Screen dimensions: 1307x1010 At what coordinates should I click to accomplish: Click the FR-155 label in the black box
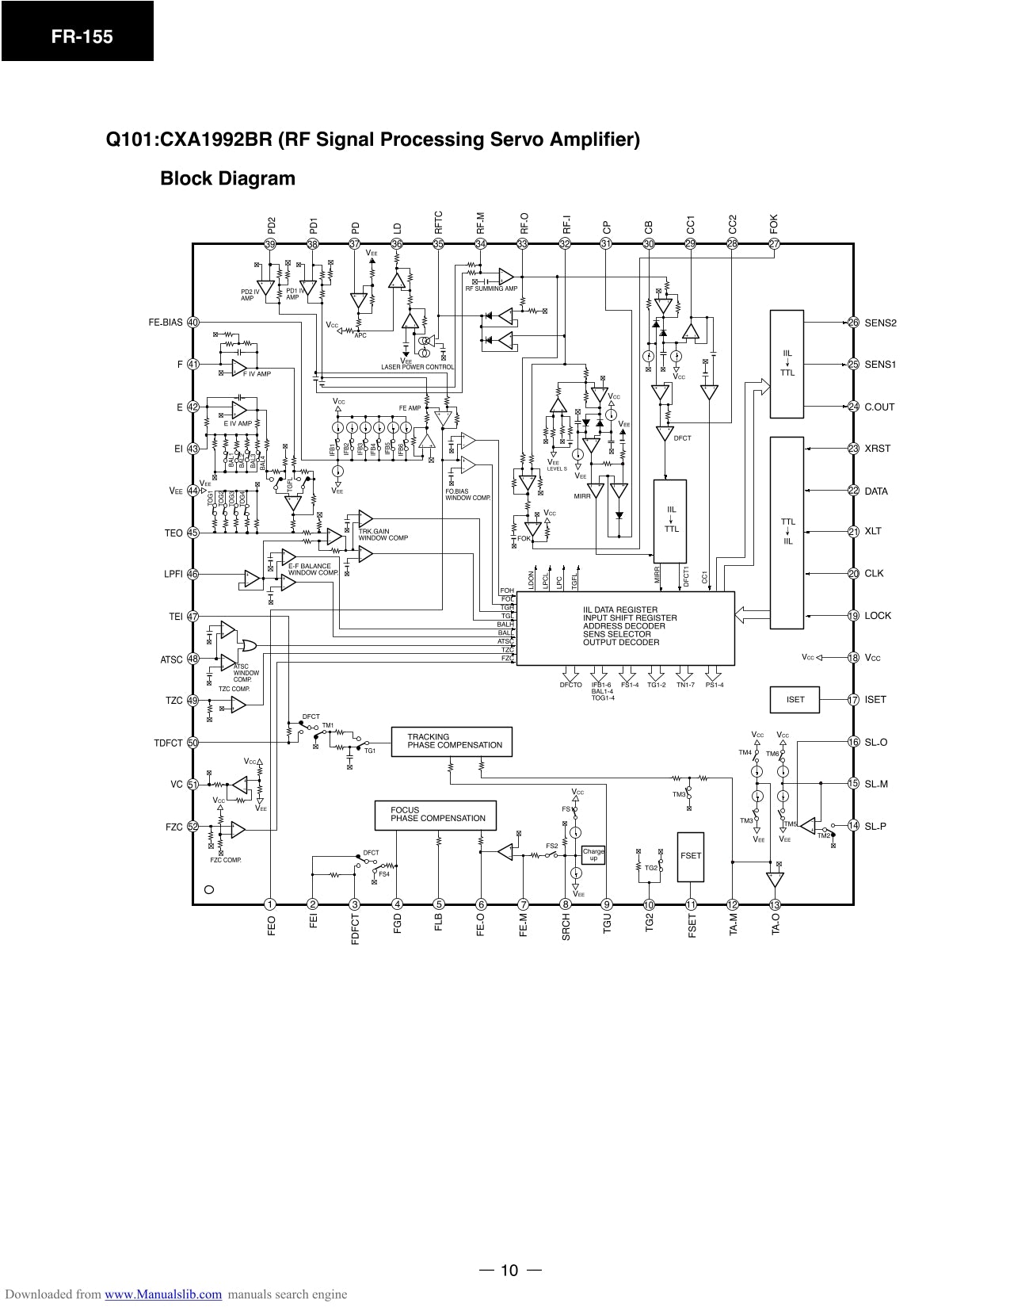[x=77, y=36]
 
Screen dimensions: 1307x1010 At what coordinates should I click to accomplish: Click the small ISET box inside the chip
[x=795, y=699]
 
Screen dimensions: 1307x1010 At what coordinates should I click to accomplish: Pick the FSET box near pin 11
[x=691, y=856]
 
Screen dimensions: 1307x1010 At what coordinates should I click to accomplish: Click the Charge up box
[x=593, y=854]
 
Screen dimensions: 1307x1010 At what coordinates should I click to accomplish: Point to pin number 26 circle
[x=853, y=323]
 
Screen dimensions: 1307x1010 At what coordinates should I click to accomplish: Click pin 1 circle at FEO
[x=270, y=904]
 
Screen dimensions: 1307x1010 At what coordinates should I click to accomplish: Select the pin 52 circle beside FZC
[x=192, y=827]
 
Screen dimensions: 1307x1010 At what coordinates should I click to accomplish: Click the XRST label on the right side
[x=878, y=449]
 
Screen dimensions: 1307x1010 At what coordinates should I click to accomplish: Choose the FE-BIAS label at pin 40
[x=166, y=323]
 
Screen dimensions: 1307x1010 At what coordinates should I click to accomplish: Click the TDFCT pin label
[x=168, y=743]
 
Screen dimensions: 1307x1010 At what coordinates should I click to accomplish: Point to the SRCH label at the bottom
[x=566, y=927]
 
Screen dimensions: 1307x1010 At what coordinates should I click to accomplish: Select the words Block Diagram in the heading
[x=227, y=178]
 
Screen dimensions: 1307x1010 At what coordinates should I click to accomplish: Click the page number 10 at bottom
[x=509, y=1271]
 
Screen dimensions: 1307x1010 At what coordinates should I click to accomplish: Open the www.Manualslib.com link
[x=163, y=1294]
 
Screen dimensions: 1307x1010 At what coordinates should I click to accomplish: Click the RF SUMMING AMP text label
[x=491, y=289]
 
